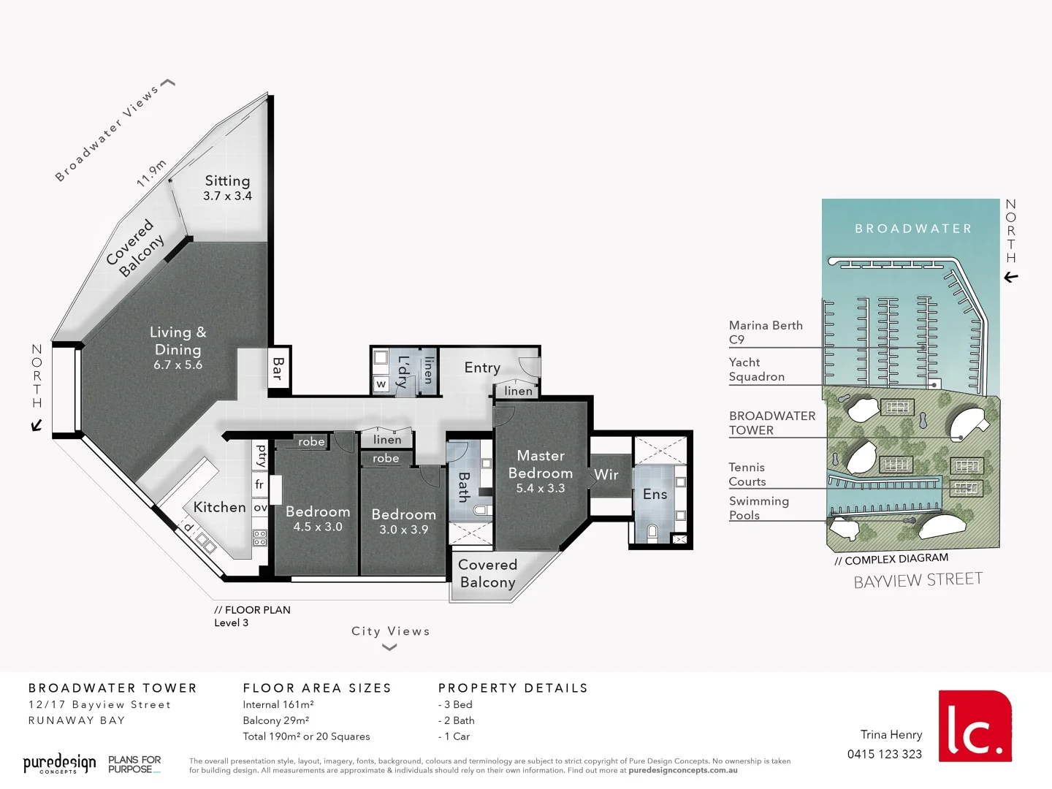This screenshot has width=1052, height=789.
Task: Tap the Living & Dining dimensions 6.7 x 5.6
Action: click(178, 365)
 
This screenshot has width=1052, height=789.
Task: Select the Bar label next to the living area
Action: click(278, 368)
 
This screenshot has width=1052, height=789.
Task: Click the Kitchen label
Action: click(219, 507)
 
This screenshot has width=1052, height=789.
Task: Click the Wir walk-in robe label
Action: click(606, 475)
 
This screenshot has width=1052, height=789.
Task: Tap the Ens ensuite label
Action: click(655, 495)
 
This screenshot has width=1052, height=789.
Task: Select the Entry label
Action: click(482, 368)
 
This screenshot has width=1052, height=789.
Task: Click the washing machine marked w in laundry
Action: click(381, 384)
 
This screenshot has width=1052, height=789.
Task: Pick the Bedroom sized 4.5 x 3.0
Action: click(318, 519)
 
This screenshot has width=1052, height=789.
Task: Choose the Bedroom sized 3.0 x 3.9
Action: click(403, 522)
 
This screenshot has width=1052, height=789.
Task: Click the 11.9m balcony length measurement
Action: click(151, 173)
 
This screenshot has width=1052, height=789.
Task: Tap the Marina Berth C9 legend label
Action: click(765, 332)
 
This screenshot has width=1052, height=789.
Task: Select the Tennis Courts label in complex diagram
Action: click(747, 474)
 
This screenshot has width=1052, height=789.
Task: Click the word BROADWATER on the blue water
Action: click(913, 229)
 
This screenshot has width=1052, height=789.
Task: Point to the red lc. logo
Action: click(975, 726)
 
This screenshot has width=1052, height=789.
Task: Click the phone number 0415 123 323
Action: click(884, 755)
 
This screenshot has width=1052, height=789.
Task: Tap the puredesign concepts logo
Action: click(59, 764)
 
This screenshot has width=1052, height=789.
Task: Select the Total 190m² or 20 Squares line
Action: click(306, 736)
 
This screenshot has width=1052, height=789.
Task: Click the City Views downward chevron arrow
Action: click(390, 647)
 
